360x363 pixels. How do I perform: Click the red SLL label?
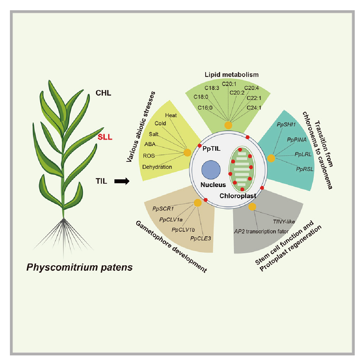pos(105,137)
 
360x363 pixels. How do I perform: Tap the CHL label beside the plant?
pos(103,93)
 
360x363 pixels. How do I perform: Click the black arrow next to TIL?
pos(121,181)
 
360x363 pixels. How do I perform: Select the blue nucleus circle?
pos(211,170)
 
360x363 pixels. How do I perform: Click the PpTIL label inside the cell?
pos(211,149)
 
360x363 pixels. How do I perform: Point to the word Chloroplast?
pos(238,196)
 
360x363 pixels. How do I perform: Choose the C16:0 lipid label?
pos(205,108)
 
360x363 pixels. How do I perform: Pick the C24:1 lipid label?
pos(254,108)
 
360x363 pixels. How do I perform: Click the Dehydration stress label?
pos(157,167)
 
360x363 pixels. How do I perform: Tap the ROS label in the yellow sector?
pos(149,156)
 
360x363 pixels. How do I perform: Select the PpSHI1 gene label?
pos(286,125)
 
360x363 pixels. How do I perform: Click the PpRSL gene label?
pos(305,169)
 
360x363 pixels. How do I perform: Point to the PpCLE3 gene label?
pos(200,238)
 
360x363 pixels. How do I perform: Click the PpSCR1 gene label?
pos(163,209)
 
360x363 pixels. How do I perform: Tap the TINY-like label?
pos(284,222)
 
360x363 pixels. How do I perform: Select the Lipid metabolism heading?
pos(232,75)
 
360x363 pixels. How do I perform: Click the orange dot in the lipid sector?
pos(228,125)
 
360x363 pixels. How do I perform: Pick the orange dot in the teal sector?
pos(271,158)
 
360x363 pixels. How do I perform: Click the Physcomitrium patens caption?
pos(79,267)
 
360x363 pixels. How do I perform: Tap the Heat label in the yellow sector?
pos(171,115)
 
